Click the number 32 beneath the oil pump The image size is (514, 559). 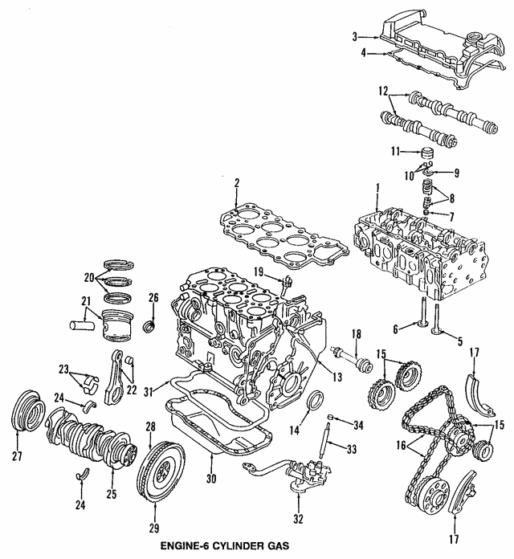(299, 520)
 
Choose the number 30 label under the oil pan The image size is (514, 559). (210, 479)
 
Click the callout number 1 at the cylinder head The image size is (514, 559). (376, 188)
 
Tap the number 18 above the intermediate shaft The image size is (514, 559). (357, 333)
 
